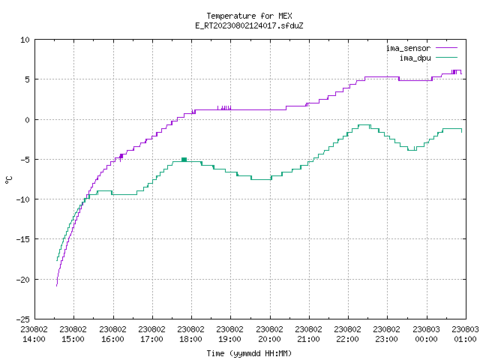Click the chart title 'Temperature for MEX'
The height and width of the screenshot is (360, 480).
coord(249,16)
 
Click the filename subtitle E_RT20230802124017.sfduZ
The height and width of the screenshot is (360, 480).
coord(249,25)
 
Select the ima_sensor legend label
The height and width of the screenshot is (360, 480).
coord(408,48)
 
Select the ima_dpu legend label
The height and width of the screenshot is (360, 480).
coord(415,58)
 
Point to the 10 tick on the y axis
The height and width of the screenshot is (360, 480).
coord(25,40)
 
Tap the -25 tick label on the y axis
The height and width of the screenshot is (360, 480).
coord(23,319)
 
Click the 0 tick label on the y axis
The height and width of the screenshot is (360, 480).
coord(28,120)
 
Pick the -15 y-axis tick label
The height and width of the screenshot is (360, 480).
coord(23,239)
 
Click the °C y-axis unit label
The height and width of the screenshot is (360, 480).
coord(8,180)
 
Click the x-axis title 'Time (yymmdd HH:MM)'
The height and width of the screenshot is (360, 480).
coord(249,353)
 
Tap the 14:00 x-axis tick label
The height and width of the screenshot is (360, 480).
coord(34,339)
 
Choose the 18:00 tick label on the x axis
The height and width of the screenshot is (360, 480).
coord(190,339)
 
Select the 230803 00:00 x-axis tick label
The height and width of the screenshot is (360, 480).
coord(426,334)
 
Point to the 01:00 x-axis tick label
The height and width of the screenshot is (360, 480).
coord(465,339)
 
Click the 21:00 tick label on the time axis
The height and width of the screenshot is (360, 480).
coord(308,339)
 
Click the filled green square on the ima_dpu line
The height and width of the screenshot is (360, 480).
coord(184,160)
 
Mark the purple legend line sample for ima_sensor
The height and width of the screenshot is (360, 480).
coord(447,48)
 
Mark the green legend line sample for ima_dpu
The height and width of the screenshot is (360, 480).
coord(447,58)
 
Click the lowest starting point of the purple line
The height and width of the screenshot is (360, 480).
coord(57,286)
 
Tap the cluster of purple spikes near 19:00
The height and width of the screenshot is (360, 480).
coord(224,108)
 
